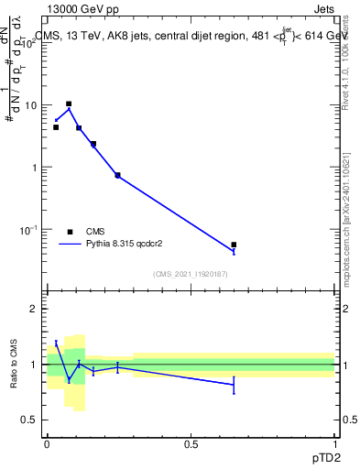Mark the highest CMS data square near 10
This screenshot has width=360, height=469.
point(69,104)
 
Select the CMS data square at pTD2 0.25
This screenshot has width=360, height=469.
point(117,175)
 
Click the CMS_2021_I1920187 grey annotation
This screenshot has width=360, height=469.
point(191,275)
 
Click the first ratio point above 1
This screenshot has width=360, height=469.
point(56,343)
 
